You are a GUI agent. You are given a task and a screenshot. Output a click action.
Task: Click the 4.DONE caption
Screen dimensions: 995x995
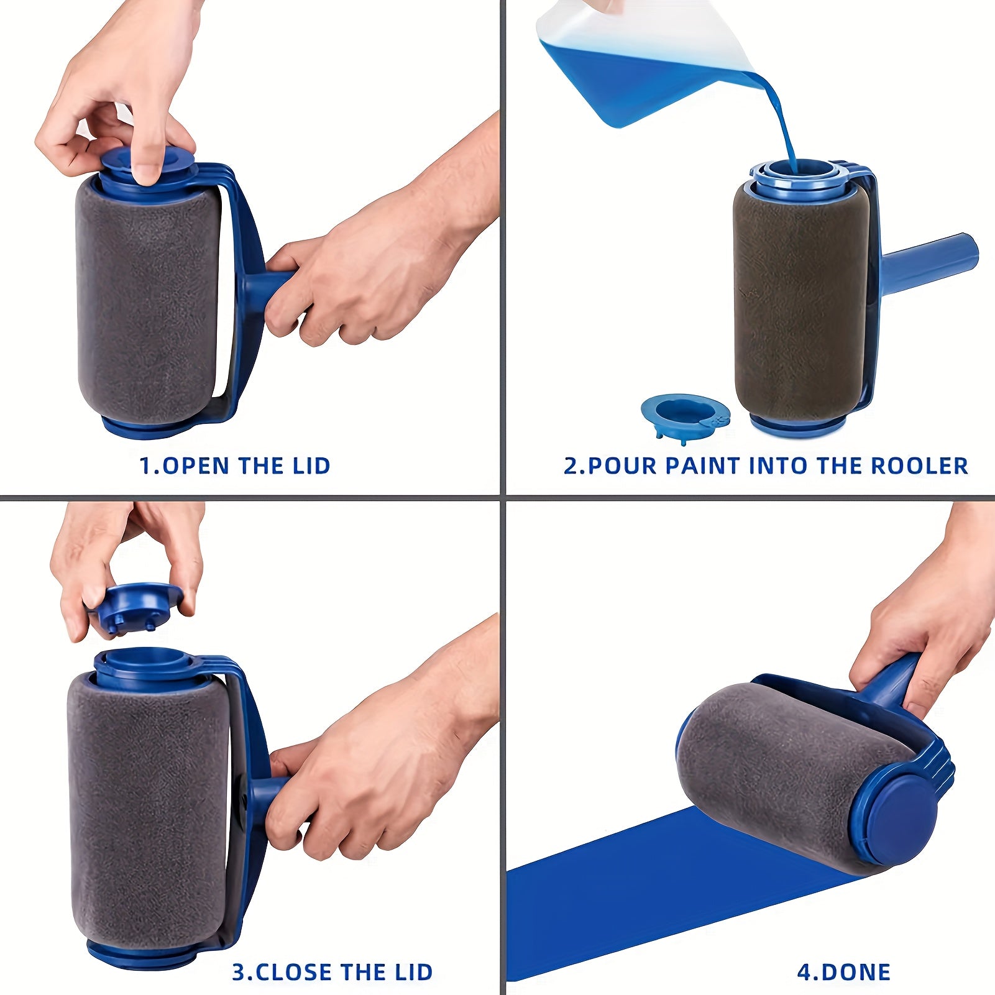pyautogui.click(x=843, y=972)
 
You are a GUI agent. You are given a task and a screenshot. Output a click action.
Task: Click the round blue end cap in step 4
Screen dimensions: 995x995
pyautogui.click(x=895, y=815)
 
